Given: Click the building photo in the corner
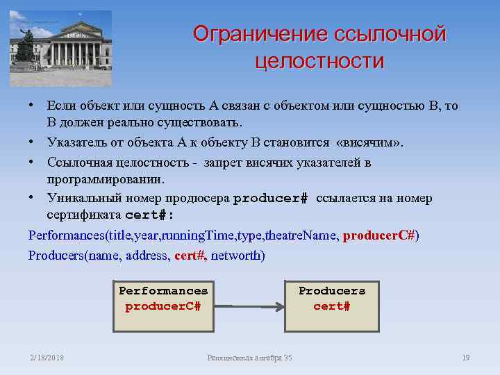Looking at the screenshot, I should pyautogui.click(x=60, y=48).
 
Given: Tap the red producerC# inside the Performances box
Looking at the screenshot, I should pyautogui.click(x=163, y=306).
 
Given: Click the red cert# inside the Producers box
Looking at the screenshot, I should pyautogui.click(x=332, y=306).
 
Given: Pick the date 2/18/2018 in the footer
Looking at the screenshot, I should pyautogui.click(x=47, y=358).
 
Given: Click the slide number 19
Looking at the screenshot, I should pyautogui.click(x=466, y=358).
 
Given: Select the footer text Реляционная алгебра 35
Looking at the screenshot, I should pyautogui.click(x=250, y=358).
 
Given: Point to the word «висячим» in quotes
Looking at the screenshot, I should pyautogui.click(x=367, y=143).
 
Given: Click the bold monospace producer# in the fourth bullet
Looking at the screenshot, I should pyautogui.click(x=270, y=199).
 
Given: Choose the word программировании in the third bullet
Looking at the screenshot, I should pyautogui.click(x=106, y=179).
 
